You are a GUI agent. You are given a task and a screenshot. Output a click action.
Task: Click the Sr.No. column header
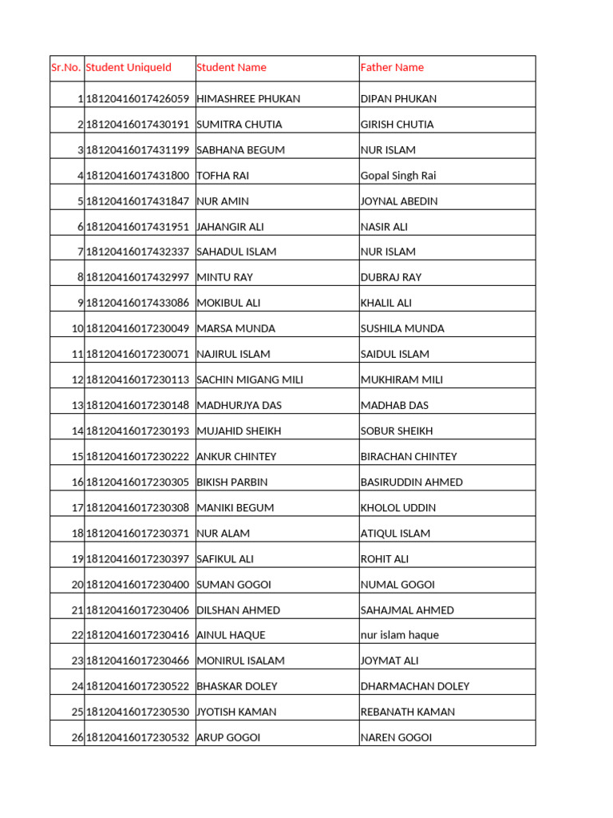click(x=66, y=68)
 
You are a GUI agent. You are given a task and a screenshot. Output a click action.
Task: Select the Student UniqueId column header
click(x=129, y=68)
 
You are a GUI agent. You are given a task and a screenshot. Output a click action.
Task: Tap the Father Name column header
click(x=392, y=68)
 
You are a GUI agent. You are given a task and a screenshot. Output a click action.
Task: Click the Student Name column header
click(x=231, y=68)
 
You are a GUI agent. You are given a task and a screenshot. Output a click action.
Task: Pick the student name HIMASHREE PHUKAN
click(x=248, y=99)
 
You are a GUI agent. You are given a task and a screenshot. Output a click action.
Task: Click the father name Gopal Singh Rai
click(x=398, y=176)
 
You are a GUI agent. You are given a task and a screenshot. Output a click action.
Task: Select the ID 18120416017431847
click(x=137, y=201)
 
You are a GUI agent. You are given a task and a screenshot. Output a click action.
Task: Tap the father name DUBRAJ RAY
click(x=391, y=277)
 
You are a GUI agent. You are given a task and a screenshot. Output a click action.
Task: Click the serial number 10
click(x=77, y=328)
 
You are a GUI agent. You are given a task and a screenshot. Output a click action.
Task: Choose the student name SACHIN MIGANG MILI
click(x=250, y=379)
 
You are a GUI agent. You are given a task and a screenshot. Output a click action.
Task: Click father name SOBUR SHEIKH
click(x=397, y=431)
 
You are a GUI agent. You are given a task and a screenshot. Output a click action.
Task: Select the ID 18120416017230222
click(x=137, y=456)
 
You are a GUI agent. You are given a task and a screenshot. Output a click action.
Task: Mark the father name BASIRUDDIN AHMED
click(x=411, y=482)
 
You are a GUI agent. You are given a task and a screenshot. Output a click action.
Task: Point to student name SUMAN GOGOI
click(x=234, y=584)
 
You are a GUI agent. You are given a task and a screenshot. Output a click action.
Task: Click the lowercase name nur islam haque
click(x=399, y=635)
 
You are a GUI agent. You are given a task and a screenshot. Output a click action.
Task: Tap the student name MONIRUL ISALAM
click(x=240, y=661)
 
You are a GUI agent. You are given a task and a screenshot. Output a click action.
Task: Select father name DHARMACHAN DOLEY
click(x=415, y=686)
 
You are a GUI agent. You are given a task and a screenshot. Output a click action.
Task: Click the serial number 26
click(x=77, y=737)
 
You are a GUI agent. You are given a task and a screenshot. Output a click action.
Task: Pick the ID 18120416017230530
click(x=137, y=712)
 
